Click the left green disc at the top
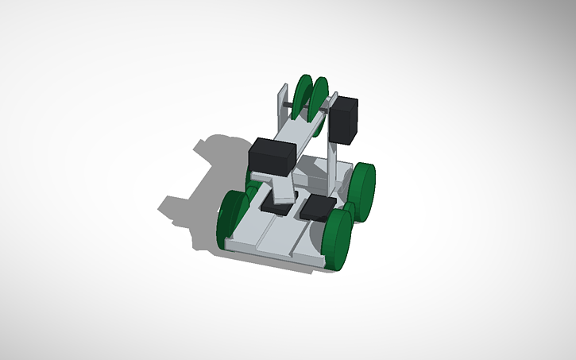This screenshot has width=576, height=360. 302,97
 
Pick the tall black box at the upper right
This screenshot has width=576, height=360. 346,120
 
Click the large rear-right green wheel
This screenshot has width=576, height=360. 365,190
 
